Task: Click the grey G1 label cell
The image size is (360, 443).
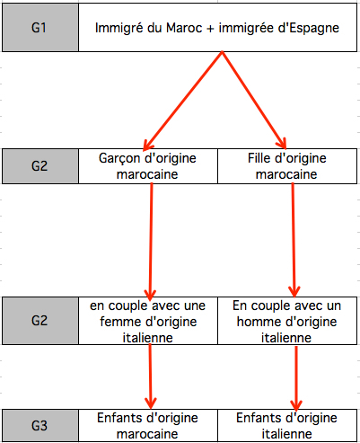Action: [40, 28]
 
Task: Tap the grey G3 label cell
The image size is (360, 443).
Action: [40, 425]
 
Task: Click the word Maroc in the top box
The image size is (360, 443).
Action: [184, 28]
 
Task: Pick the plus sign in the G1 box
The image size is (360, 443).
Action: [210, 29]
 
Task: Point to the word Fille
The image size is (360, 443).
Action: [259, 158]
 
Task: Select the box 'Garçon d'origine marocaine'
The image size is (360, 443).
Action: [148, 166]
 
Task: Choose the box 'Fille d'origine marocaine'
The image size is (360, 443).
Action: [287, 166]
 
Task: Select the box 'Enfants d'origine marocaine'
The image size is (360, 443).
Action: [148, 425]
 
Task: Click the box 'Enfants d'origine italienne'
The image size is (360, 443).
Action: [287, 425]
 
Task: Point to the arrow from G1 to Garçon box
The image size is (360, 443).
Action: [183, 101]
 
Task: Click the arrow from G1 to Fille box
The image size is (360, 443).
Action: [254, 100]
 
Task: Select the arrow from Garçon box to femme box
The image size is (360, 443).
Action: [151, 242]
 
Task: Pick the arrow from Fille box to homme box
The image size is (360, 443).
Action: [294, 240]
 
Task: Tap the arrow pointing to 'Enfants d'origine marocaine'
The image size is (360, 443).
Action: [150, 377]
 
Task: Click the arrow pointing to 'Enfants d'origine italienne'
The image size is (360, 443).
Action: [296, 378]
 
